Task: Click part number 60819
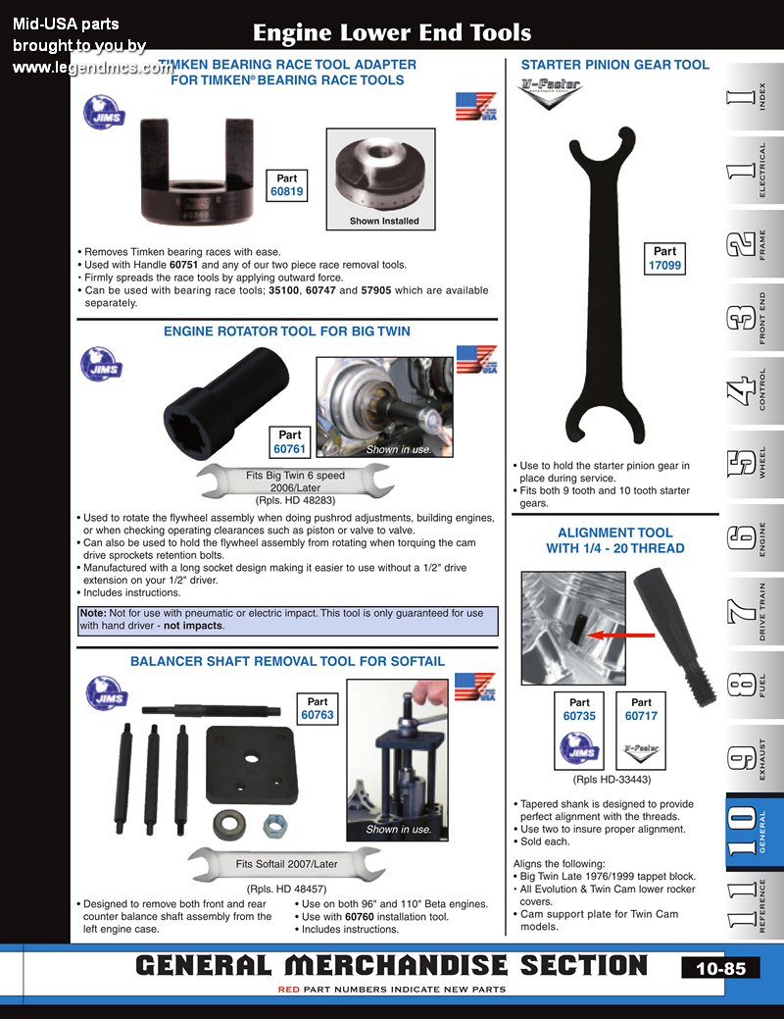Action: pos(287,193)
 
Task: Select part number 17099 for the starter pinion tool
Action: pos(664,266)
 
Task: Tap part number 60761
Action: pos(290,449)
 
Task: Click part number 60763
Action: pos(318,715)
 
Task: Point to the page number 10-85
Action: pos(720,968)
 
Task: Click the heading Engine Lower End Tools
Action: pos(392,32)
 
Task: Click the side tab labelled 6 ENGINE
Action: pos(753,539)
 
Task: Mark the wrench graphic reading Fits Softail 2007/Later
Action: pos(286,864)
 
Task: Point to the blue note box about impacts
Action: pos(287,620)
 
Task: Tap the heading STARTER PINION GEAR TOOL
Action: pos(614,65)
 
